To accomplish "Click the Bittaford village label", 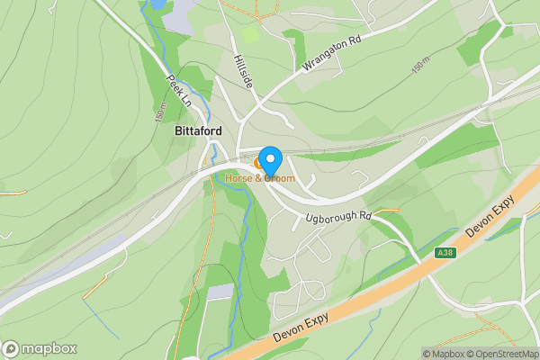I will [x=197, y=131].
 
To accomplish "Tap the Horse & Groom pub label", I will [x=260, y=178].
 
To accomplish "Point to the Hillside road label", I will [x=242, y=68].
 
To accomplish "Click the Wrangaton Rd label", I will [x=319, y=52].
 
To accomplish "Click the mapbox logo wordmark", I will [x=41, y=349].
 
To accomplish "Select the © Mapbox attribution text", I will [x=442, y=353].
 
